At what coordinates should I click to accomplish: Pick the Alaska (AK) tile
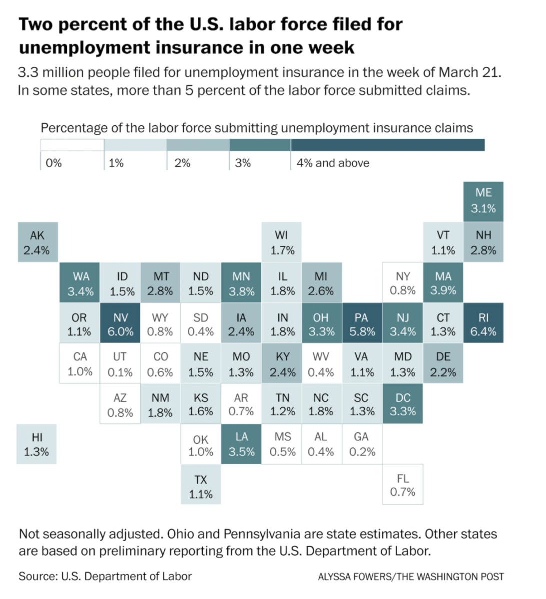[x=37, y=242]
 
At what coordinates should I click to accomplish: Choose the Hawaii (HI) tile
[x=36, y=444]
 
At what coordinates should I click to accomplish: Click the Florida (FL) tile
[x=403, y=485]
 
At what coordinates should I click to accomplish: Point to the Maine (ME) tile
[x=483, y=201]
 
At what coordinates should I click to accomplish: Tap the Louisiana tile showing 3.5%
[x=241, y=444]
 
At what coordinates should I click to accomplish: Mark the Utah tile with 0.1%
[x=120, y=364]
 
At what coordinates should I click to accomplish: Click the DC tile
[x=403, y=404]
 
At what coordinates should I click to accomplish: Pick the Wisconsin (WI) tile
[x=282, y=242]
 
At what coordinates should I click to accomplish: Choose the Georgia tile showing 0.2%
[x=362, y=444]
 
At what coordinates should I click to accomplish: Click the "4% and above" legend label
[x=333, y=163]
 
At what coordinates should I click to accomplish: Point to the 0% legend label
[x=53, y=163]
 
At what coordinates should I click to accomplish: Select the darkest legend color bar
[x=387, y=145]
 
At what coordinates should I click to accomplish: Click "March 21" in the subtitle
[x=469, y=72]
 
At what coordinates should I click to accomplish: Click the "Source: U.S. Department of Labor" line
[x=105, y=576]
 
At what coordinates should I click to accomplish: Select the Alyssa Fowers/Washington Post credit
[x=411, y=577]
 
